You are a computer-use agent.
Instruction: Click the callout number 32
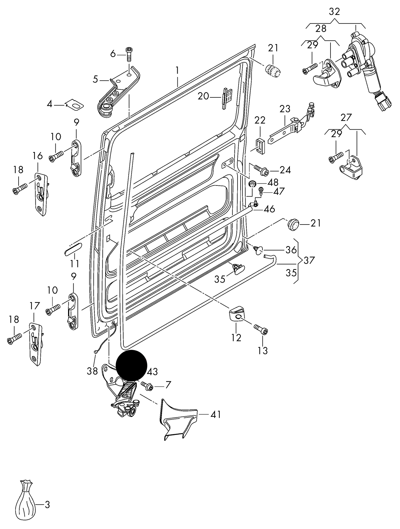coord(334,12)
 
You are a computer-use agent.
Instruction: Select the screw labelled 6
coord(129,54)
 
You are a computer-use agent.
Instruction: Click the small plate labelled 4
coord(75,105)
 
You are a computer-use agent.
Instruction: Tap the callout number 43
coord(152,371)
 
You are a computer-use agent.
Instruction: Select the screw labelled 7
coord(147,385)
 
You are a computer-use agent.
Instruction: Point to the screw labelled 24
coord(261,169)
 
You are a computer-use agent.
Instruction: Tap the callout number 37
coord(309,260)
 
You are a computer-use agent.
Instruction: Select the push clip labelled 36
coord(258,250)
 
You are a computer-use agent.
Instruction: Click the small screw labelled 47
coord(260,190)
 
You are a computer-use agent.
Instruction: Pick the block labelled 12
coord(237,314)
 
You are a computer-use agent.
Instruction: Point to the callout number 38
coord(92,371)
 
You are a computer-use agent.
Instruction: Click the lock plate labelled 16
coord(41,194)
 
